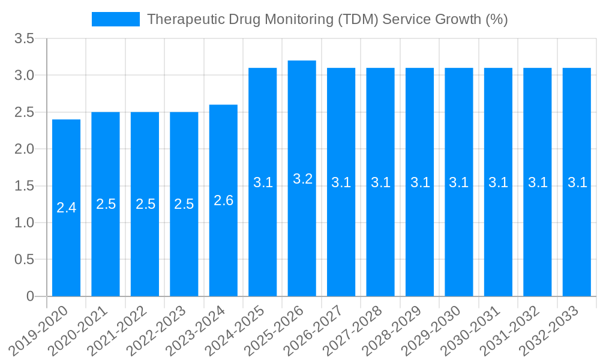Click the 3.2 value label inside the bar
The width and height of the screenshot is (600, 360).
click(x=302, y=179)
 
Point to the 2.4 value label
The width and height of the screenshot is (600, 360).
click(x=66, y=208)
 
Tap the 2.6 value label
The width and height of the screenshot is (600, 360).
click(x=223, y=200)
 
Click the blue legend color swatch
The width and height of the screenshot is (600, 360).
click(x=116, y=19)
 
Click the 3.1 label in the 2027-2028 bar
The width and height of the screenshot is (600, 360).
click(x=380, y=182)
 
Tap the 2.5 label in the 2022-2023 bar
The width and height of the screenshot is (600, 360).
click(x=184, y=204)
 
